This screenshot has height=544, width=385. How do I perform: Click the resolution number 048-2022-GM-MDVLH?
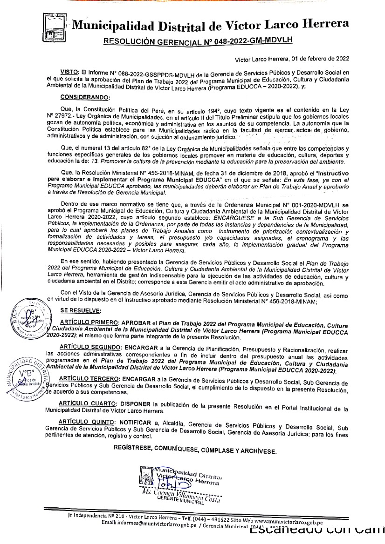pos(251,40)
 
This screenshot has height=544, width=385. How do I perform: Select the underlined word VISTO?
pos(69,73)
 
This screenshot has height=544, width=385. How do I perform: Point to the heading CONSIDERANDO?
pos(85,97)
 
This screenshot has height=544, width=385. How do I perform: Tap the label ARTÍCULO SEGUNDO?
pos(90,347)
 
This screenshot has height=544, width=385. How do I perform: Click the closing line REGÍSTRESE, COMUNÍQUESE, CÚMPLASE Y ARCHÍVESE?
pos(195,450)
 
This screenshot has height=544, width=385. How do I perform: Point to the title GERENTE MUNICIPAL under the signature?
pos(181,501)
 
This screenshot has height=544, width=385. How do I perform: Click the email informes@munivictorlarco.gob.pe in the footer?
pos(144,523)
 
